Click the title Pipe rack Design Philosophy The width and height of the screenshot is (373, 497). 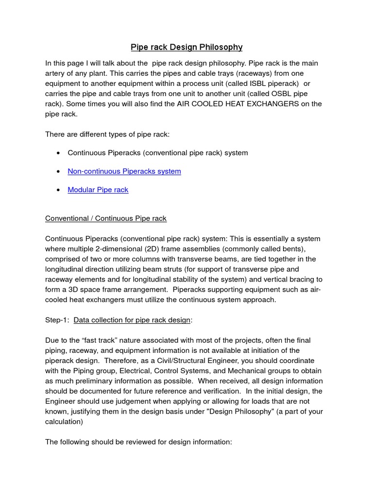[186, 47]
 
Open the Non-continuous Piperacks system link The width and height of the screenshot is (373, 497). [124, 171]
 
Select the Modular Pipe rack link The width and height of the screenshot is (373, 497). [98, 190]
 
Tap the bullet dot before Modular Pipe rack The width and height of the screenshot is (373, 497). [58, 190]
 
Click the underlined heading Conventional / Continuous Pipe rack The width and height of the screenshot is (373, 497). [106, 218]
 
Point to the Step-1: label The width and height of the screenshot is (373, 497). [57, 320]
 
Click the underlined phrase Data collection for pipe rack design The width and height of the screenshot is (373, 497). [132, 320]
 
